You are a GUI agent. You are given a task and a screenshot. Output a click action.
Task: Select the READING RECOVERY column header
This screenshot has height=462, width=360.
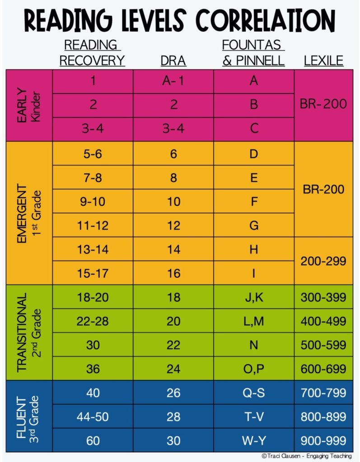93,52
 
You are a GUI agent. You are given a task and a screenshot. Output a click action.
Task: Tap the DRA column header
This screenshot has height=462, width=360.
173,61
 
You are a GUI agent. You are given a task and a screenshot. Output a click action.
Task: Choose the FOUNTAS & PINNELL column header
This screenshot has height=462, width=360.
253,52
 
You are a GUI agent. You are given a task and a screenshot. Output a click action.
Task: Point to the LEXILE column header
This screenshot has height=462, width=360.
323,61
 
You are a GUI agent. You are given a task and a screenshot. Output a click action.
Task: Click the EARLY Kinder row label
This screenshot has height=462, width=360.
29,105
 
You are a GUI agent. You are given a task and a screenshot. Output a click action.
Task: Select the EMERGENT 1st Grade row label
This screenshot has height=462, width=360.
29,213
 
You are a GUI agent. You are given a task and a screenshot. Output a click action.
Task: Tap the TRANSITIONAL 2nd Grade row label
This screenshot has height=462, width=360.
29,332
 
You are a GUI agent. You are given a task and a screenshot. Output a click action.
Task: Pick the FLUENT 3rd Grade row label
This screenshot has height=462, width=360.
29,416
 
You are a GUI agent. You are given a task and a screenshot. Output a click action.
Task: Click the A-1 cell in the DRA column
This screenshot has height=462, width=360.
173,81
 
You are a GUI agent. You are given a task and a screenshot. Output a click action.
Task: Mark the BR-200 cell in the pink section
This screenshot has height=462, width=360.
323,104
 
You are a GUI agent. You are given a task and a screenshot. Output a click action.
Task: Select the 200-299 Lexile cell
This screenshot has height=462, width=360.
323,261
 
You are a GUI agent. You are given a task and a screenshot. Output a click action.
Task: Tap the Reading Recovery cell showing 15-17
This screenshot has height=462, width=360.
93,273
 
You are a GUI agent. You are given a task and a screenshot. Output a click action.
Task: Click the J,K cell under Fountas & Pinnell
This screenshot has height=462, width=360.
253,297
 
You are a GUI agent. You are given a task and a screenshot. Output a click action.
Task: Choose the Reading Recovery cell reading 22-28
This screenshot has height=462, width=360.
93,321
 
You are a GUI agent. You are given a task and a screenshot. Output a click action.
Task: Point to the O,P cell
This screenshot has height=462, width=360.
253,369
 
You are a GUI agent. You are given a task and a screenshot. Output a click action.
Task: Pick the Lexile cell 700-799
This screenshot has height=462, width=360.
323,393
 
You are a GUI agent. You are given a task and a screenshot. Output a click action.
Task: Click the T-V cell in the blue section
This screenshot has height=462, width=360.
253,417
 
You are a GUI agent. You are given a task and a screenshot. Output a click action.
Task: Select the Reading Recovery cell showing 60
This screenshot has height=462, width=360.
93,440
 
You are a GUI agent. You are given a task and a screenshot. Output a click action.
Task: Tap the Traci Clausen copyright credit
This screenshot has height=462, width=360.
307,456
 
